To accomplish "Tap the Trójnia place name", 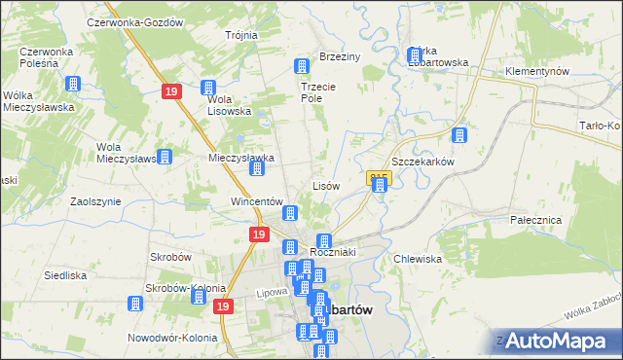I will (x=241, y=35).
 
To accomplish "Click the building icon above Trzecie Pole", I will (x=302, y=66).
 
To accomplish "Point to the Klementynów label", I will (x=536, y=72).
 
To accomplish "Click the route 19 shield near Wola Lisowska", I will (x=170, y=90).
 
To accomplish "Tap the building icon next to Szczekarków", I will (x=459, y=137).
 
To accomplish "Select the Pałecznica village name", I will (x=536, y=220).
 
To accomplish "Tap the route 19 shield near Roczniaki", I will (x=258, y=234).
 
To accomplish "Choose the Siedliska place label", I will (x=66, y=275).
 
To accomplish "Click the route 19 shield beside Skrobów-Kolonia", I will (x=224, y=306).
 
